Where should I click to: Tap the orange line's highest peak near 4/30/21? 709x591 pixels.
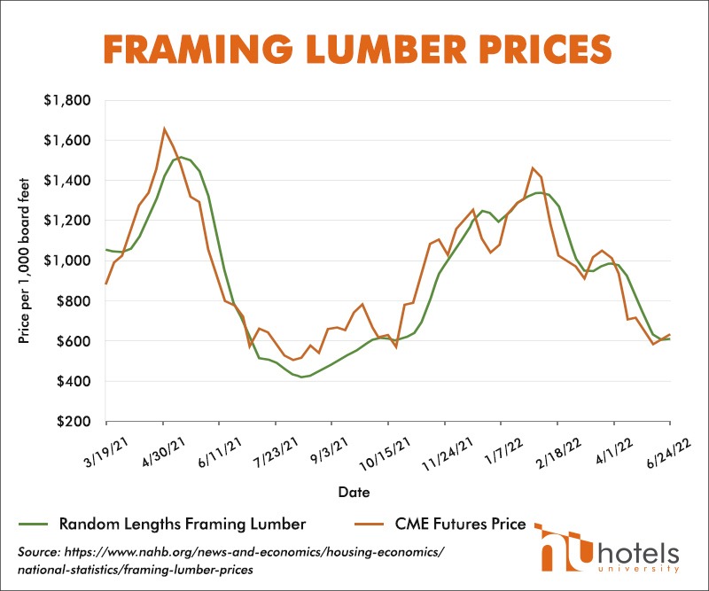[165, 128]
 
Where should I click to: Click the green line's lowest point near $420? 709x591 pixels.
[302, 377]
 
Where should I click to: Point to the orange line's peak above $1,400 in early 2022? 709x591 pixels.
[533, 168]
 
